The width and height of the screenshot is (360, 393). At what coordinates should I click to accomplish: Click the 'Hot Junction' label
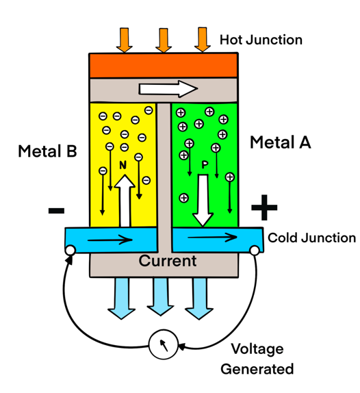261,40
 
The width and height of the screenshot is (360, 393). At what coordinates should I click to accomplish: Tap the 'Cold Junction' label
311,238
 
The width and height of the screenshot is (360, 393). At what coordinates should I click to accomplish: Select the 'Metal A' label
281,142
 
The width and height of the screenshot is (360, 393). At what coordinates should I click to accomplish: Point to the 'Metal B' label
47,151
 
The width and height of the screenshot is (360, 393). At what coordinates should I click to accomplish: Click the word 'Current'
168,261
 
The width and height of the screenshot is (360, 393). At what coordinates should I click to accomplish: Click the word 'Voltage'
257,349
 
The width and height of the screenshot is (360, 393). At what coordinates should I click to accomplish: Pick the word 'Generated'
257,369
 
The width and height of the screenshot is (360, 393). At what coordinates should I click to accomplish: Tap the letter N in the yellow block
123,165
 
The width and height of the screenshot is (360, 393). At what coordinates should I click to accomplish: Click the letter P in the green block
205,165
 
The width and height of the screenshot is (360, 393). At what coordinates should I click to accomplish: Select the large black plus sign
264,207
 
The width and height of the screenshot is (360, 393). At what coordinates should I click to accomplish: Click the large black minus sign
56,211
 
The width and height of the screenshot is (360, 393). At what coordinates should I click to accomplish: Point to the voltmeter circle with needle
164,344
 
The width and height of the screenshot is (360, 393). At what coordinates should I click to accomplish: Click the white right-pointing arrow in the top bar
168,89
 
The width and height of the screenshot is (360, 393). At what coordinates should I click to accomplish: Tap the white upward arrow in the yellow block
125,201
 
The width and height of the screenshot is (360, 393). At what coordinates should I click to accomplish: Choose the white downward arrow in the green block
203,201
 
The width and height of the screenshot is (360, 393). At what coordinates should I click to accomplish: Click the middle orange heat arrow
164,40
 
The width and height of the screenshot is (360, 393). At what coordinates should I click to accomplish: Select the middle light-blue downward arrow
161,296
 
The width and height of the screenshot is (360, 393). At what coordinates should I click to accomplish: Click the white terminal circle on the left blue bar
70,250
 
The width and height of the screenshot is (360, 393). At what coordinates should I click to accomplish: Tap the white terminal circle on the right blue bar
255,251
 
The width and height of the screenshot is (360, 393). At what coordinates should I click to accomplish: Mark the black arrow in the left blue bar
110,240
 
